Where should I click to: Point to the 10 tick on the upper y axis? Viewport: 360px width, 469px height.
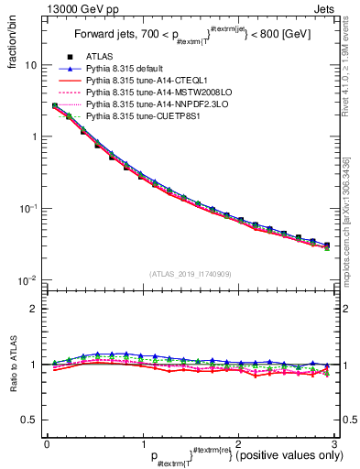[x=30, y=66]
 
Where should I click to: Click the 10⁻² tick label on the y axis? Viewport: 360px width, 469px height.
[x=28, y=280]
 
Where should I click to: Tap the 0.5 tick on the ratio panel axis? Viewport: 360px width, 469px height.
[x=27, y=420]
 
